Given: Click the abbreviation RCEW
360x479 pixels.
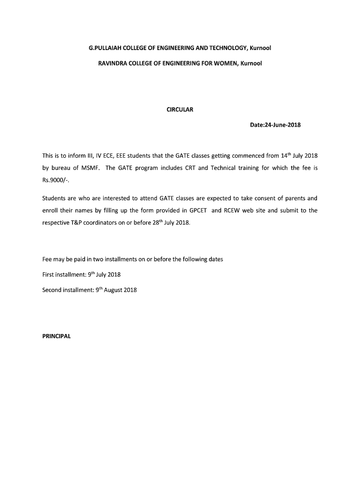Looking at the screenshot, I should click(231, 210).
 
